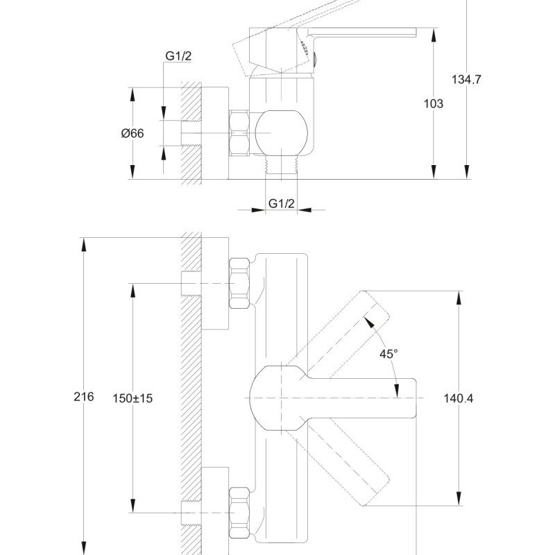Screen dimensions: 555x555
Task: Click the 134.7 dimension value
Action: coord(466,79)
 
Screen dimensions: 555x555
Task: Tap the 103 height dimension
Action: coord(433,103)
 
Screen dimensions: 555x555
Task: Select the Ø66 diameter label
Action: coord(133,133)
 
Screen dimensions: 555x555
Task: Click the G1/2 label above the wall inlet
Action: coord(178,56)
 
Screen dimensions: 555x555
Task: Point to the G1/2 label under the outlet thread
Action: coord(282,203)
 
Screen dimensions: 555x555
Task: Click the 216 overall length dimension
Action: coord(83,396)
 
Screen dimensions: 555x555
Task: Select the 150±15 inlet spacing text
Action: coord(133,398)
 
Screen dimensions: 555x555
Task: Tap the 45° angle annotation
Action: coord(388,354)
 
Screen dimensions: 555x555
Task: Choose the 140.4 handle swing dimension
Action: coord(459,398)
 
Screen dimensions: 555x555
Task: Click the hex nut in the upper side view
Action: coord(239,133)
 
